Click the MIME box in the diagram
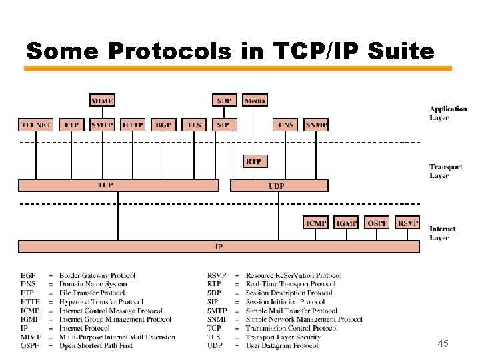[x=102, y=101]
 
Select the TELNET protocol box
[x=36, y=125]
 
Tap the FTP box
[x=71, y=125]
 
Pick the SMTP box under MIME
[x=102, y=125]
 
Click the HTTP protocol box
[x=133, y=125]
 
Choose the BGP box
[x=163, y=125]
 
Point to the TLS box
[x=194, y=125]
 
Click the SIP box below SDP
[x=223, y=125]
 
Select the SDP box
[x=225, y=101]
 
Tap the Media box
[x=255, y=101]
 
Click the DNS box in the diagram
[x=286, y=125]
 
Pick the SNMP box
[x=317, y=125]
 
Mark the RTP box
[x=254, y=161]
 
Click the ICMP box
[x=316, y=223]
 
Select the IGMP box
[x=347, y=223]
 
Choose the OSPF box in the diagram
[x=377, y=223]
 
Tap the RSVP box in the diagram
[x=407, y=223]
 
